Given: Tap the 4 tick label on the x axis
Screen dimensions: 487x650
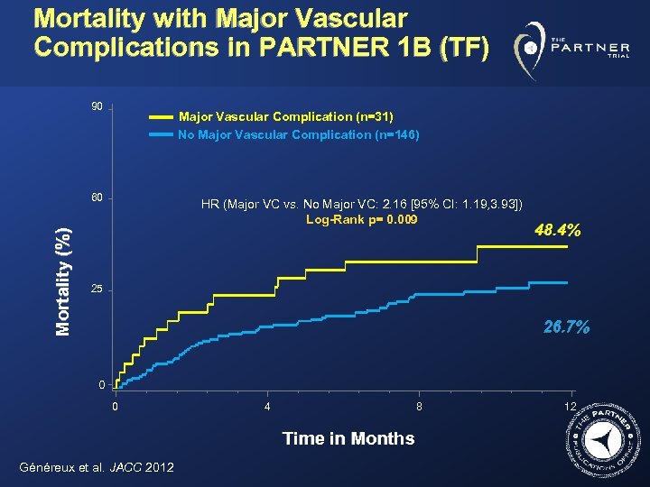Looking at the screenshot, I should click(x=266, y=407).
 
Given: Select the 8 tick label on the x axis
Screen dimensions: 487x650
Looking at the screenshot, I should click(x=419, y=407).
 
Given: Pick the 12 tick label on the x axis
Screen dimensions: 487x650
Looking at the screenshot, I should click(x=569, y=407).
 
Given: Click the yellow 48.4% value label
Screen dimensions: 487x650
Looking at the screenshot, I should click(x=557, y=231).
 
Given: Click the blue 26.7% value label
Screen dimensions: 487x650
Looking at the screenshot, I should click(x=566, y=327).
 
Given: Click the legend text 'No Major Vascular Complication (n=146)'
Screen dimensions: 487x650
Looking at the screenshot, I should click(x=299, y=135).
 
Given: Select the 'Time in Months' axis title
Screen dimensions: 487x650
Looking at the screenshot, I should click(x=348, y=439).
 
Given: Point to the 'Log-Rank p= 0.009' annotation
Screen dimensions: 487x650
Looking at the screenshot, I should click(x=362, y=219).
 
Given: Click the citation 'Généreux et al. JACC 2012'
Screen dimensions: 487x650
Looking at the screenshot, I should click(x=96, y=466).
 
